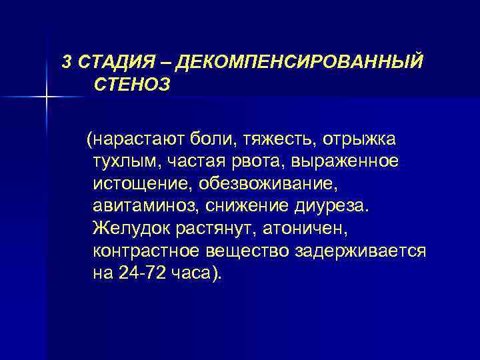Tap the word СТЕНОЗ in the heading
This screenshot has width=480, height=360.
(134, 85)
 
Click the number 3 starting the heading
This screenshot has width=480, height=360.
(66, 62)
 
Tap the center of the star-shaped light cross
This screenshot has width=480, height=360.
(46, 97)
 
